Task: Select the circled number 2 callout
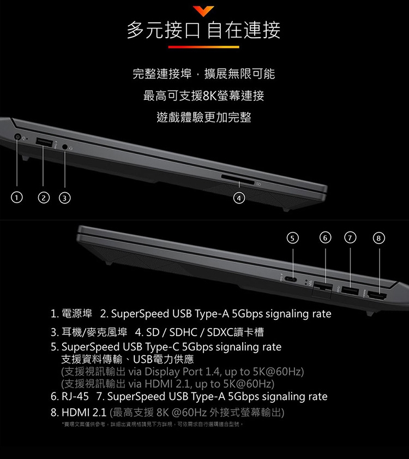click(x=43, y=196)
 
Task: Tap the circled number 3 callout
click(x=64, y=196)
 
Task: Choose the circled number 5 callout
click(x=293, y=237)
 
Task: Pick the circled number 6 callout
click(x=326, y=237)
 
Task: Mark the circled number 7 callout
click(x=349, y=237)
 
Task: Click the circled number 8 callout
click(x=378, y=237)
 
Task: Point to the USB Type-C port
click(x=293, y=279)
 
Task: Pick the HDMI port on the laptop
click(x=377, y=296)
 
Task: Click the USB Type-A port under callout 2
click(x=43, y=142)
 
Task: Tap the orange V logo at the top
click(x=204, y=10)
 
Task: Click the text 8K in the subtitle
click(x=210, y=96)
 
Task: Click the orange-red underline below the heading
click(x=204, y=47)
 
